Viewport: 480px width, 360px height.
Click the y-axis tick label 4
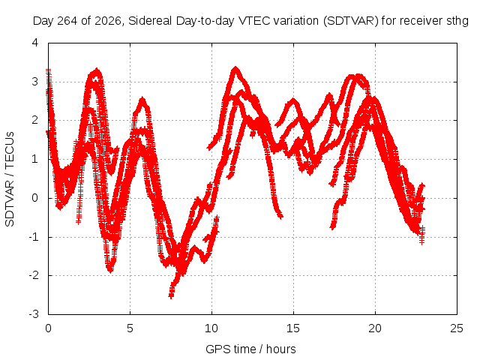pyautogui.click(x=35, y=43)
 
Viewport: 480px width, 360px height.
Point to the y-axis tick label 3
pyautogui.click(x=35, y=82)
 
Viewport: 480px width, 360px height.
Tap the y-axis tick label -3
pyautogui.click(x=34, y=313)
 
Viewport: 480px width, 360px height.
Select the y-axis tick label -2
pyautogui.click(x=34, y=275)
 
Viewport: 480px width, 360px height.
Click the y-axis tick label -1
pyautogui.click(x=34, y=237)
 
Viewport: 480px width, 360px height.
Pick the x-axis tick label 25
pyautogui.click(x=457, y=328)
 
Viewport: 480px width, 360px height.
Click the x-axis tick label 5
pyautogui.click(x=130, y=328)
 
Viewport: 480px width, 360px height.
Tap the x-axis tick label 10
pyautogui.click(x=211, y=328)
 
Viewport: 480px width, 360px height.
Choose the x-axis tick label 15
pyautogui.click(x=293, y=328)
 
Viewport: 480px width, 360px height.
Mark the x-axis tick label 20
pyautogui.click(x=375, y=328)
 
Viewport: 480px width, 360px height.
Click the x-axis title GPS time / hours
pyautogui.click(x=250, y=349)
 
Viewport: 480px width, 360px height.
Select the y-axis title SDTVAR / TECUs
pyautogui.click(x=10, y=179)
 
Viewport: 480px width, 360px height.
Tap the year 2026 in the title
pyautogui.click(x=107, y=21)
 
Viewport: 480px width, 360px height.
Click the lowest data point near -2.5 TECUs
pyautogui.click(x=171, y=295)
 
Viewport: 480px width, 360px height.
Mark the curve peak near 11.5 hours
pyautogui.click(x=235, y=68)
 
